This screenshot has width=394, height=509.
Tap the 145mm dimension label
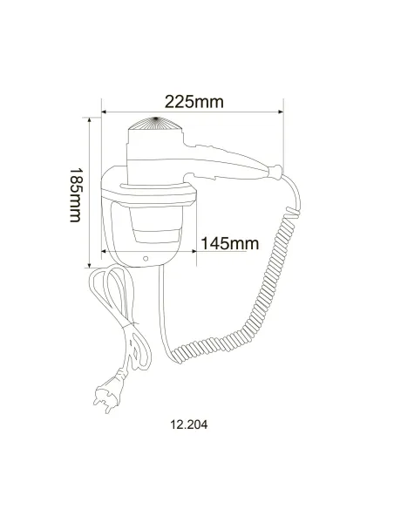[230, 243]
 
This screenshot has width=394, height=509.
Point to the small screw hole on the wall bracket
[145, 259]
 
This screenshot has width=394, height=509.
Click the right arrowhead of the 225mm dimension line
[281, 112]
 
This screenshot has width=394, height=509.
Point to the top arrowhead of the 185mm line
[91, 119]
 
